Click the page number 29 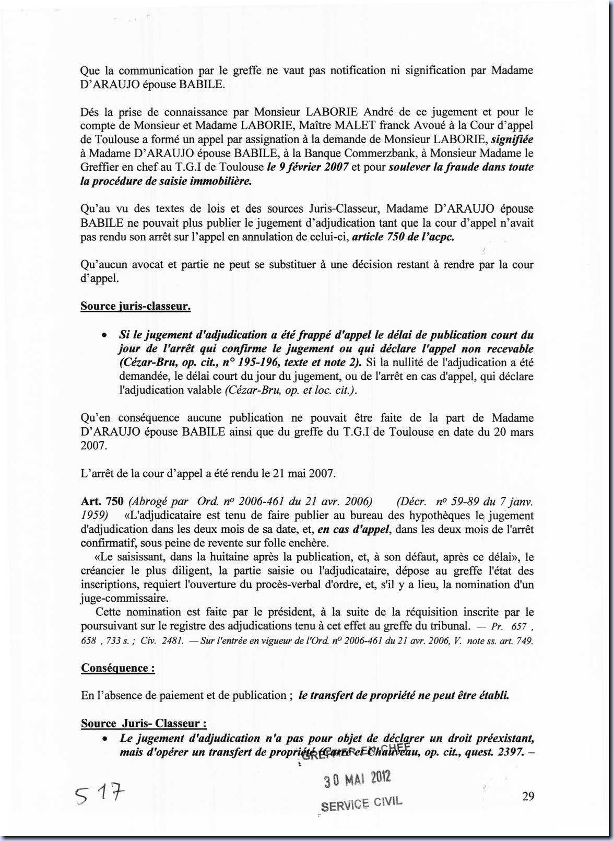tap(528, 796)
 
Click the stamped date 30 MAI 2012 tap(357, 780)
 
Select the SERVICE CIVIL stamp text tap(361, 804)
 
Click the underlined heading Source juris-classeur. tap(135, 306)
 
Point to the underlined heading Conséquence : tap(118, 668)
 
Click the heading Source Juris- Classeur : tap(144, 723)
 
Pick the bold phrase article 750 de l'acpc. tap(403, 237)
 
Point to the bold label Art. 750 tap(102, 501)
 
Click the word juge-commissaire tap(125, 599)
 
